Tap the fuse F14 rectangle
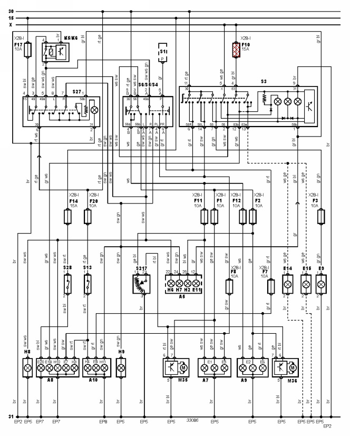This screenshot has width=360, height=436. pyautogui.click(x=67, y=217)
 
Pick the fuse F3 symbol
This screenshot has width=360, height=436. pyautogui.click(x=320, y=217)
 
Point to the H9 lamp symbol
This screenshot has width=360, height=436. pyautogui.click(x=122, y=367)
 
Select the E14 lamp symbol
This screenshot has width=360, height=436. pyautogui.click(x=288, y=285)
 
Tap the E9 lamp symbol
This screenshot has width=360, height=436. pyautogui.click(x=320, y=285)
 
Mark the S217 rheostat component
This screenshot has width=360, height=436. pyautogui.click(x=141, y=285)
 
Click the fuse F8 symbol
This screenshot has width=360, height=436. pyautogui.click(x=229, y=286)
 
